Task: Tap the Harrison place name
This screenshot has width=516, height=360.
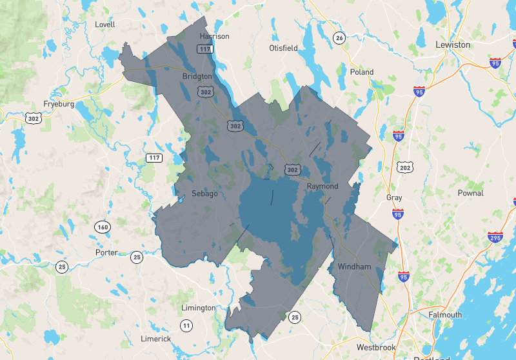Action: click(214, 36)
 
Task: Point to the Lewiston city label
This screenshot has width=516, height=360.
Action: click(453, 45)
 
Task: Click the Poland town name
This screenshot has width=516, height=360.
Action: click(362, 72)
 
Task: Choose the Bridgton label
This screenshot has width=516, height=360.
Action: click(197, 76)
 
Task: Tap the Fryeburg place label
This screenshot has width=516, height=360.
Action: click(59, 104)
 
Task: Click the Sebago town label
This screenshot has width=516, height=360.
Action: click(204, 194)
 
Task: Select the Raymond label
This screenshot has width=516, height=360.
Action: click(322, 186)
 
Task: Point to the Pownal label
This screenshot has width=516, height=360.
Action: click(470, 193)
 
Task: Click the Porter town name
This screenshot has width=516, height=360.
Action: click(106, 252)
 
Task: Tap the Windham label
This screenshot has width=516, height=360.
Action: click(354, 266)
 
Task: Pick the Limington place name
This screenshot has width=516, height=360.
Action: click(198, 308)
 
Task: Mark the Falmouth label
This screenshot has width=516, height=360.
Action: click(445, 315)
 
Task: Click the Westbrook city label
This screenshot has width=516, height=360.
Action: click(376, 347)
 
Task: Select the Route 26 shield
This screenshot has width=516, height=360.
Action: click(339, 38)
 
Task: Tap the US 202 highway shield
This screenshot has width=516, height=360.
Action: click(405, 168)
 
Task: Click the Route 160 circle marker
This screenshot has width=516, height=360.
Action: click(103, 226)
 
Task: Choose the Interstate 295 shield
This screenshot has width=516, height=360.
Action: click(495, 238)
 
